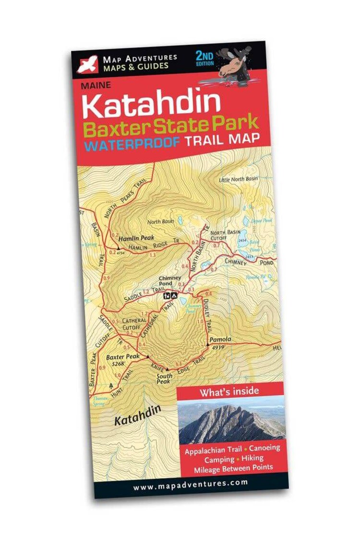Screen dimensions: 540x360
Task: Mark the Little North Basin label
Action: pos(238,179)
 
